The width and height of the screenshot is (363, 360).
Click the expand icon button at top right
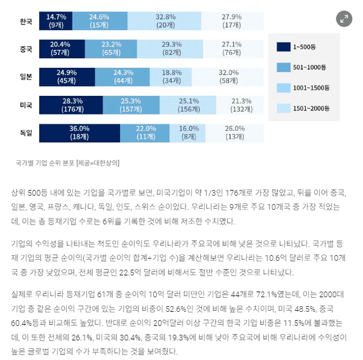[343, 19]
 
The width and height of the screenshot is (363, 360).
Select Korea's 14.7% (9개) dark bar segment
[56, 20]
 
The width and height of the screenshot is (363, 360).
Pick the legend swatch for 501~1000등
[282, 67]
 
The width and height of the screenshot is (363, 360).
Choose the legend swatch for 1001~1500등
[282, 87]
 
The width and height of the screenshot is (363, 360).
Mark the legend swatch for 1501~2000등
[282, 107]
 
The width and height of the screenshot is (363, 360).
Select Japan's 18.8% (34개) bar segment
[168, 77]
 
